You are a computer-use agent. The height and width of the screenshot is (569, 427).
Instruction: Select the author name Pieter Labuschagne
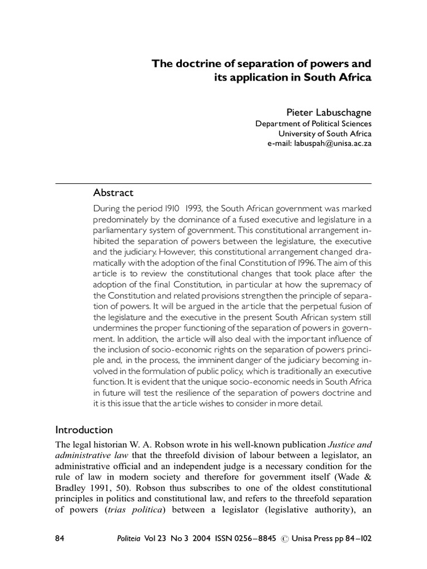[x=329, y=113]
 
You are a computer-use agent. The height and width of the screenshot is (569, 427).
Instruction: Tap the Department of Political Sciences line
[x=314, y=124]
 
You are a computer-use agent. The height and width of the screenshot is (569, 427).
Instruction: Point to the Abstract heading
[x=113, y=193]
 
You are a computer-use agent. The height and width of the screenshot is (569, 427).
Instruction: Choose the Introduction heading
[x=84, y=430]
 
